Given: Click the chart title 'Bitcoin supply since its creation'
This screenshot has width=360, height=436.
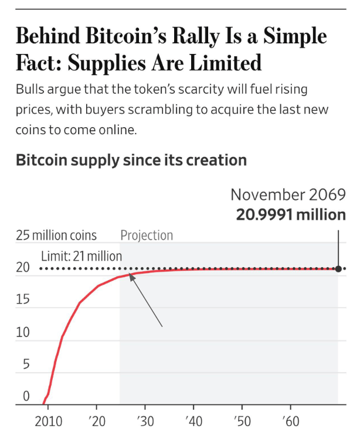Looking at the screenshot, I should tap(131, 160).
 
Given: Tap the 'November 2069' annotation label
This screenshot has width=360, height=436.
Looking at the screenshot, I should tap(288, 195).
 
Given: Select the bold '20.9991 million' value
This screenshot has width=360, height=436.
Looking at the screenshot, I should tap(291, 214).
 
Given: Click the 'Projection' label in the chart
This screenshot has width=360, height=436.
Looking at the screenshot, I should tap(147, 236).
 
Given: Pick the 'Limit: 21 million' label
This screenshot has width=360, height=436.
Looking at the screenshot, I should tap(81, 256).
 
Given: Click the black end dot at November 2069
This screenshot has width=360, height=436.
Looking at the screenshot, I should tap(338, 269).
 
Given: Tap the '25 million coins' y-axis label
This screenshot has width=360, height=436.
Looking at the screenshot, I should tap(56, 236).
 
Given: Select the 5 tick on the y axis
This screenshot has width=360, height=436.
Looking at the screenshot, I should tap(26, 365).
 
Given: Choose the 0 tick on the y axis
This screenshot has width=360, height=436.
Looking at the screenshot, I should tap(26, 397).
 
